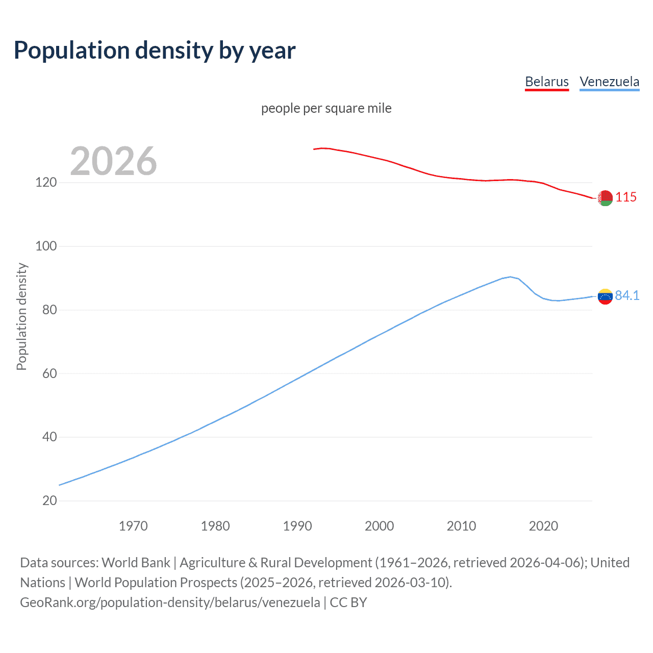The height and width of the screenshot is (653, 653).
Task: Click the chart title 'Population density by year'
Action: (155, 51)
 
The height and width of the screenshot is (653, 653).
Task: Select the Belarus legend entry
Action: (547, 82)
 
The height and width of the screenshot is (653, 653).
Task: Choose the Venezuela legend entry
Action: (609, 82)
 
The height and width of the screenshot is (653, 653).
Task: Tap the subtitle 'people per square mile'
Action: (326, 108)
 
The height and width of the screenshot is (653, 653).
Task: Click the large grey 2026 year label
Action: (113, 161)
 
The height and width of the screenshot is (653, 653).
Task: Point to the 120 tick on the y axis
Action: (46, 182)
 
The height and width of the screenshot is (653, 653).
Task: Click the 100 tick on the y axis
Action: (46, 246)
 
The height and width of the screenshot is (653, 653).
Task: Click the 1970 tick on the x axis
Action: (133, 526)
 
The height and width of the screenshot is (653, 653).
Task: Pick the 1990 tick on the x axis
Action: (297, 526)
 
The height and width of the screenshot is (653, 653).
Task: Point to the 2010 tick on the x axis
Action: (461, 526)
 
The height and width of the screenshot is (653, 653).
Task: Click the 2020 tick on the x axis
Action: (543, 526)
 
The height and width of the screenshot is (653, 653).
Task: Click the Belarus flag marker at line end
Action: (605, 198)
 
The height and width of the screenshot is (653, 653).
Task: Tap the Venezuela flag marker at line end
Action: (605, 296)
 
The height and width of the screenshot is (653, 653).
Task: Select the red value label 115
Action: (626, 197)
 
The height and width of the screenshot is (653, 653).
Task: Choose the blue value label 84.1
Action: (627, 295)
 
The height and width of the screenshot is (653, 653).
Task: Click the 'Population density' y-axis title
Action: (21, 316)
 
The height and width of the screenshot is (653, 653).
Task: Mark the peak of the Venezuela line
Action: (510, 277)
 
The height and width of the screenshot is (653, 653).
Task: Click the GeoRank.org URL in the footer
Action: (170, 602)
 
